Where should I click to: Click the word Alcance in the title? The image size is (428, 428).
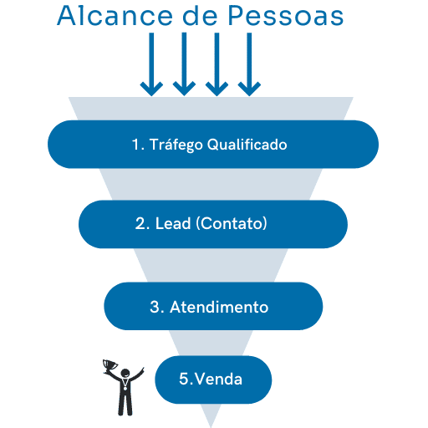pos(115,16)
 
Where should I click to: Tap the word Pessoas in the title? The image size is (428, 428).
pos(286,16)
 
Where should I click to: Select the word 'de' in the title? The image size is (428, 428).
pos(200,16)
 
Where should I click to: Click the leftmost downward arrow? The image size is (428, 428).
pos(151,64)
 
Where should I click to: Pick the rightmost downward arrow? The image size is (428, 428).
pos(249,64)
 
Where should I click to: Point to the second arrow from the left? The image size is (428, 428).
pos(184,64)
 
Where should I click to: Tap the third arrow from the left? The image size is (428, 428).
pos(217,64)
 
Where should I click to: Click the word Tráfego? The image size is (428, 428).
pos(176,145)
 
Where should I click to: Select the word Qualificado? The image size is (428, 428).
pos(247,145)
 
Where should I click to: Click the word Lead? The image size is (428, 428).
pos(173,223)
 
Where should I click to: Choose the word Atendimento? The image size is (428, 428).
pos(219,307)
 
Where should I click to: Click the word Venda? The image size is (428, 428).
pos(218,379)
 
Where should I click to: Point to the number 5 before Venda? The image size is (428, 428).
pos(185,379)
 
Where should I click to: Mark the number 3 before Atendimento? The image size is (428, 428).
pos(155,307)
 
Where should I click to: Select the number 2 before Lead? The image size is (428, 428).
pos(140,223)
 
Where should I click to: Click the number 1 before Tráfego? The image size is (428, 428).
pos(135,145)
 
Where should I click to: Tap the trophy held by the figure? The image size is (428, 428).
pos(110,365)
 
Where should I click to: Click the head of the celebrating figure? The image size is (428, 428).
pos(125,373)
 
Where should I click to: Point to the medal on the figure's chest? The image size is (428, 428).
pos(125,387)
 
